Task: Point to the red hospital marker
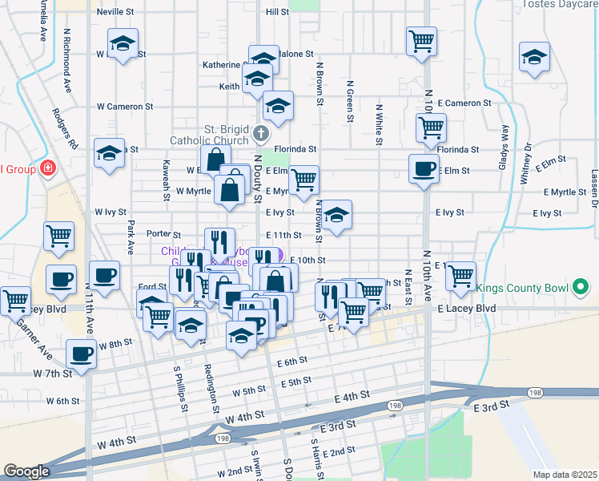pos(48,168)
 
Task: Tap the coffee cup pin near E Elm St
pos(424,169)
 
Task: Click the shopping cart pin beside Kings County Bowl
pos(460,275)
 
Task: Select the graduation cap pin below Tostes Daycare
pos(534,57)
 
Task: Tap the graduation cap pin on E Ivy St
pos(337,215)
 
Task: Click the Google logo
pos(26,471)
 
